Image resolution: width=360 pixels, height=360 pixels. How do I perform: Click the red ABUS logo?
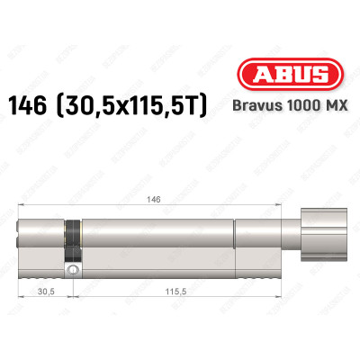(x=290, y=75)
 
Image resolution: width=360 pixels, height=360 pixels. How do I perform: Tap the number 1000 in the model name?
(x=299, y=105)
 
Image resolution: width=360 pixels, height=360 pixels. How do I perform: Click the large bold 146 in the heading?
(x=28, y=105)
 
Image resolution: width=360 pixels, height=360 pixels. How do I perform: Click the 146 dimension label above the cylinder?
(x=155, y=199)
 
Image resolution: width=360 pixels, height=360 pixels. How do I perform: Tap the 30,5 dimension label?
(x=47, y=291)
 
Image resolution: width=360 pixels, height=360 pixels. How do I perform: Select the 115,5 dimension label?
(x=175, y=291)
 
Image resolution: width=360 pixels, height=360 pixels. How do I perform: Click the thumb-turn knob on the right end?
(x=324, y=235)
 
